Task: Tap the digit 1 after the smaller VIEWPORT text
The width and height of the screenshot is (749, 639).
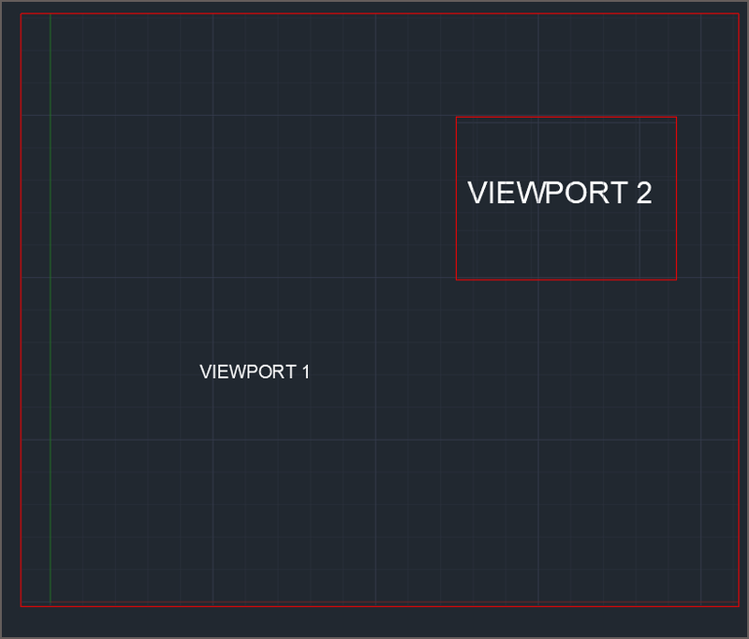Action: click(x=305, y=371)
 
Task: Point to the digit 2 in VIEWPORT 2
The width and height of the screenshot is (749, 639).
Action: click(x=642, y=193)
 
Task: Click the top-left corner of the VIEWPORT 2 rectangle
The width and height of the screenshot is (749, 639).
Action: click(x=456, y=117)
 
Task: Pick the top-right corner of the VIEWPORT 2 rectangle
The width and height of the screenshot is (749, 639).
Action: click(x=676, y=117)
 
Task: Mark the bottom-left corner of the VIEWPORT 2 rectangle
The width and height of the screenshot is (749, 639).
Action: click(x=456, y=279)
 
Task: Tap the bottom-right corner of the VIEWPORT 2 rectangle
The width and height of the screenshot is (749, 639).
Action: click(x=676, y=279)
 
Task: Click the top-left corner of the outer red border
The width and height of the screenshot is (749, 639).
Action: click(x=21, y=14)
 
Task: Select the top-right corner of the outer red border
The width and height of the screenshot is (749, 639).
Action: click(x=739, y=14)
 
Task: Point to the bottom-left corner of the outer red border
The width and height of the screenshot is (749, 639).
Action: click(x=21, y=606)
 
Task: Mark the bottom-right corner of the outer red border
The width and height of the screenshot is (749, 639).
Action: click(x=739, y=606)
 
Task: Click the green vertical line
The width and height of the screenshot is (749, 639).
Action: click(x=50, y=309)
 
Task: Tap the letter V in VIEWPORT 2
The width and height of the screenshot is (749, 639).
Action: click(x=477, y=193)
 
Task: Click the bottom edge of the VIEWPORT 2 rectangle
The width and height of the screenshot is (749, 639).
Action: click(x=566, y=279)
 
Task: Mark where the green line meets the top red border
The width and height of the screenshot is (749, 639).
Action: click(x=50, y=14)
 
